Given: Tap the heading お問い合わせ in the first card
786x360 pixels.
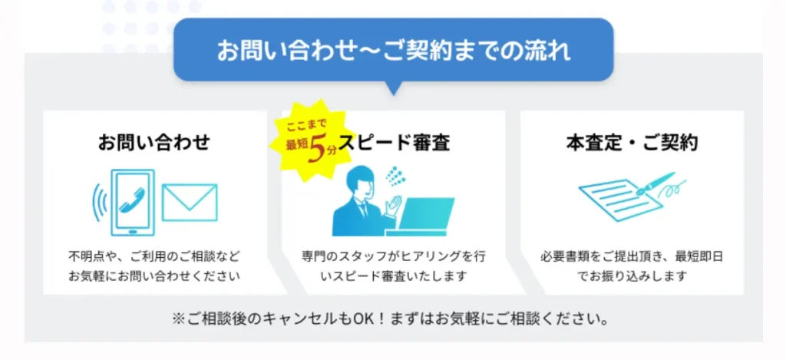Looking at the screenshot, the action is click(x=154, y=144).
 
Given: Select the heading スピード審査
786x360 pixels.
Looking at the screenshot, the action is click(x=394, y=144).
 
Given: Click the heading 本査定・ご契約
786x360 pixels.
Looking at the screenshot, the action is click(x=632, y=144).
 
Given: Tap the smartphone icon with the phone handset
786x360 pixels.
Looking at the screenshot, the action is click(x=132, y=202).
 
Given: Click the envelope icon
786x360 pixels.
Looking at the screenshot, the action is click(x=190, y=202).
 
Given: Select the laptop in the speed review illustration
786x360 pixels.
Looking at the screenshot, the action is click(x=421, y=216).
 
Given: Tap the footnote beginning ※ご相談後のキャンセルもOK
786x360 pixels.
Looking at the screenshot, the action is click(x=391, y=319).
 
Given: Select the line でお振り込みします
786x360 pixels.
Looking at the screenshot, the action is click(x=632, y=276).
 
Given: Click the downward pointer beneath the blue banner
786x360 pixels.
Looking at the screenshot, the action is click(x=394, y=88).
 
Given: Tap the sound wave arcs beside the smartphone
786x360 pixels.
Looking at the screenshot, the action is click(x=99, y=202).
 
